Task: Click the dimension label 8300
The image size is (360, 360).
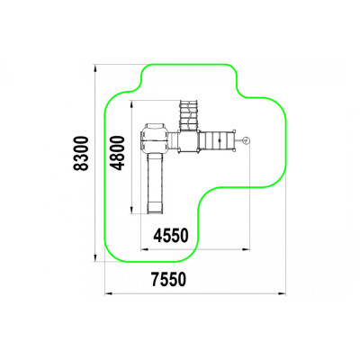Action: pyautogui.click(x=81, y=153)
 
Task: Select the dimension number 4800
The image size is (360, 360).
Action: pyautogui.click(x=117, y=153)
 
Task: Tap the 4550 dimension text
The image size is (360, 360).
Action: pyautogui.click(x=171, y=235)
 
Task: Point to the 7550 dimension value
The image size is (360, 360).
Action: pyautogui.click(x=168, y=279)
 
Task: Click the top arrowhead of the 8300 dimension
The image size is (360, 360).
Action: pyautogui.click(x=95, y=68)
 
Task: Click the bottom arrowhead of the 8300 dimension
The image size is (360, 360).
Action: pyautogui.click(x=95, y=258)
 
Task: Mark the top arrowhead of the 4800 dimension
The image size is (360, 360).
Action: pyautogui.click(x=131, y=103)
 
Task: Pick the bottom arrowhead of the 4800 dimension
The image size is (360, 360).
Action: pyautogui.click(x=131, y=210)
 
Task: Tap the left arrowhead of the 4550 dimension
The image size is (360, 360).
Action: pyautogui.click(x=145, y=249)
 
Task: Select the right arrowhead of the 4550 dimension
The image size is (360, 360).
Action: pyautogui.click(x=246, y=249)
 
